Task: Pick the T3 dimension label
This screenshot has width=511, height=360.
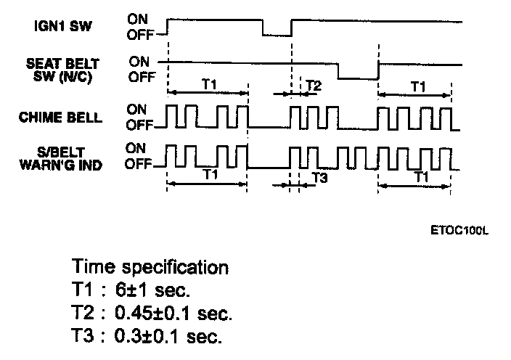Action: tap(319, 176)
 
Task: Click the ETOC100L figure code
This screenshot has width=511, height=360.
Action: tap(459, 231)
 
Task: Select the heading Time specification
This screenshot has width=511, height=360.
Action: tap(150, 266)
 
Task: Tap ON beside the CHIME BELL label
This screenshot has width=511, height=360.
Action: tap(136, 109)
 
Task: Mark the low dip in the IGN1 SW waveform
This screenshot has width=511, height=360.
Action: tap(276, 33)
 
